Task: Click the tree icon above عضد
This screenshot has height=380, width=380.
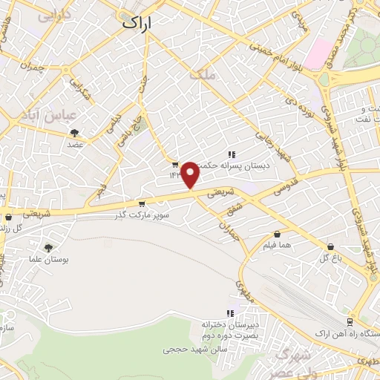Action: click(74, 133)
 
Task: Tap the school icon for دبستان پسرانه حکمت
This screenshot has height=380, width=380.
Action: click(232, 155)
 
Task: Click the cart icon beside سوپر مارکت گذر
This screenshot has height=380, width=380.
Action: click(141, 203)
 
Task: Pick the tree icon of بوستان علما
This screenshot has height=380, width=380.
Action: click(49, 248)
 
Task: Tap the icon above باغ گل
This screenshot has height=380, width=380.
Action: click(330, 246)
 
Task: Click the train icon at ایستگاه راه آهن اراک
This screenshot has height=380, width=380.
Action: click(350, 322)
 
